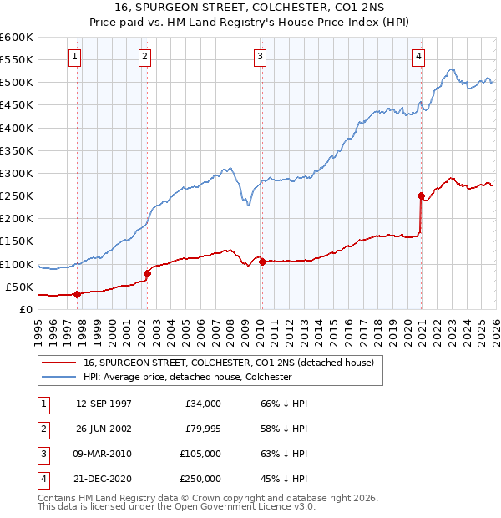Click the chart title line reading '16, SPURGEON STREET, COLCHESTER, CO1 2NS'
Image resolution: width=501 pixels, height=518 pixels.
250,8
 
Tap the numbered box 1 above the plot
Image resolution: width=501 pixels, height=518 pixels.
75,57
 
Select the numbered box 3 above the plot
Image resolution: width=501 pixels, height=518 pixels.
261,57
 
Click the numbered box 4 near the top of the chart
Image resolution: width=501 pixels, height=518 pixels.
418,57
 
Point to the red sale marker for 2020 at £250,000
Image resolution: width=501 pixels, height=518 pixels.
421,196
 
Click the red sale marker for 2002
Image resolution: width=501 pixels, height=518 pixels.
148,272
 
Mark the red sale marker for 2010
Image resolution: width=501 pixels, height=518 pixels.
262,262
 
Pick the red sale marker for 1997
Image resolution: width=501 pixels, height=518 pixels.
77,294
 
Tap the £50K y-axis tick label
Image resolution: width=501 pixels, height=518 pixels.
19,287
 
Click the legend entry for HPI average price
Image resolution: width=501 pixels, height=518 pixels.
187,377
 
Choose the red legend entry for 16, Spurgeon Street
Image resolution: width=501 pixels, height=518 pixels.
233,363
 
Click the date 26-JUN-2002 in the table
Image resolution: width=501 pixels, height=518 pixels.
104,428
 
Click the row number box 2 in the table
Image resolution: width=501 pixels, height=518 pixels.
42,428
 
